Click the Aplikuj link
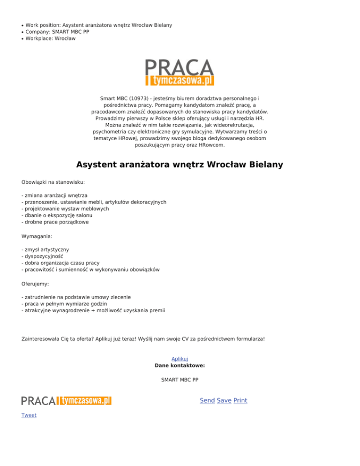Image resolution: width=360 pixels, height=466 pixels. pos(180,359)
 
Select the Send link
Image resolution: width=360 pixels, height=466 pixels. pos(207,400)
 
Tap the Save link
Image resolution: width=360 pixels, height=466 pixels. pos(224,400)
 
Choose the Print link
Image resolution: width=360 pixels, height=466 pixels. pos(240,400)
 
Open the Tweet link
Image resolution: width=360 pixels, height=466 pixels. pos(29,415)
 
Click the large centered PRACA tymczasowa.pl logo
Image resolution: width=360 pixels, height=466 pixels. pos(180,73)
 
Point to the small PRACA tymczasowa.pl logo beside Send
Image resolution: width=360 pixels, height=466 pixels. pos(66,400)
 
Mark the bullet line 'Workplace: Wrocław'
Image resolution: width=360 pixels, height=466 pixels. pos(50,39)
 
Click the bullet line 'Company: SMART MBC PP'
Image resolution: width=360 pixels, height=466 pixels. pos(57,32)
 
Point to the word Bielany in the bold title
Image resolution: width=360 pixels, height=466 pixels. pos(266,165)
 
